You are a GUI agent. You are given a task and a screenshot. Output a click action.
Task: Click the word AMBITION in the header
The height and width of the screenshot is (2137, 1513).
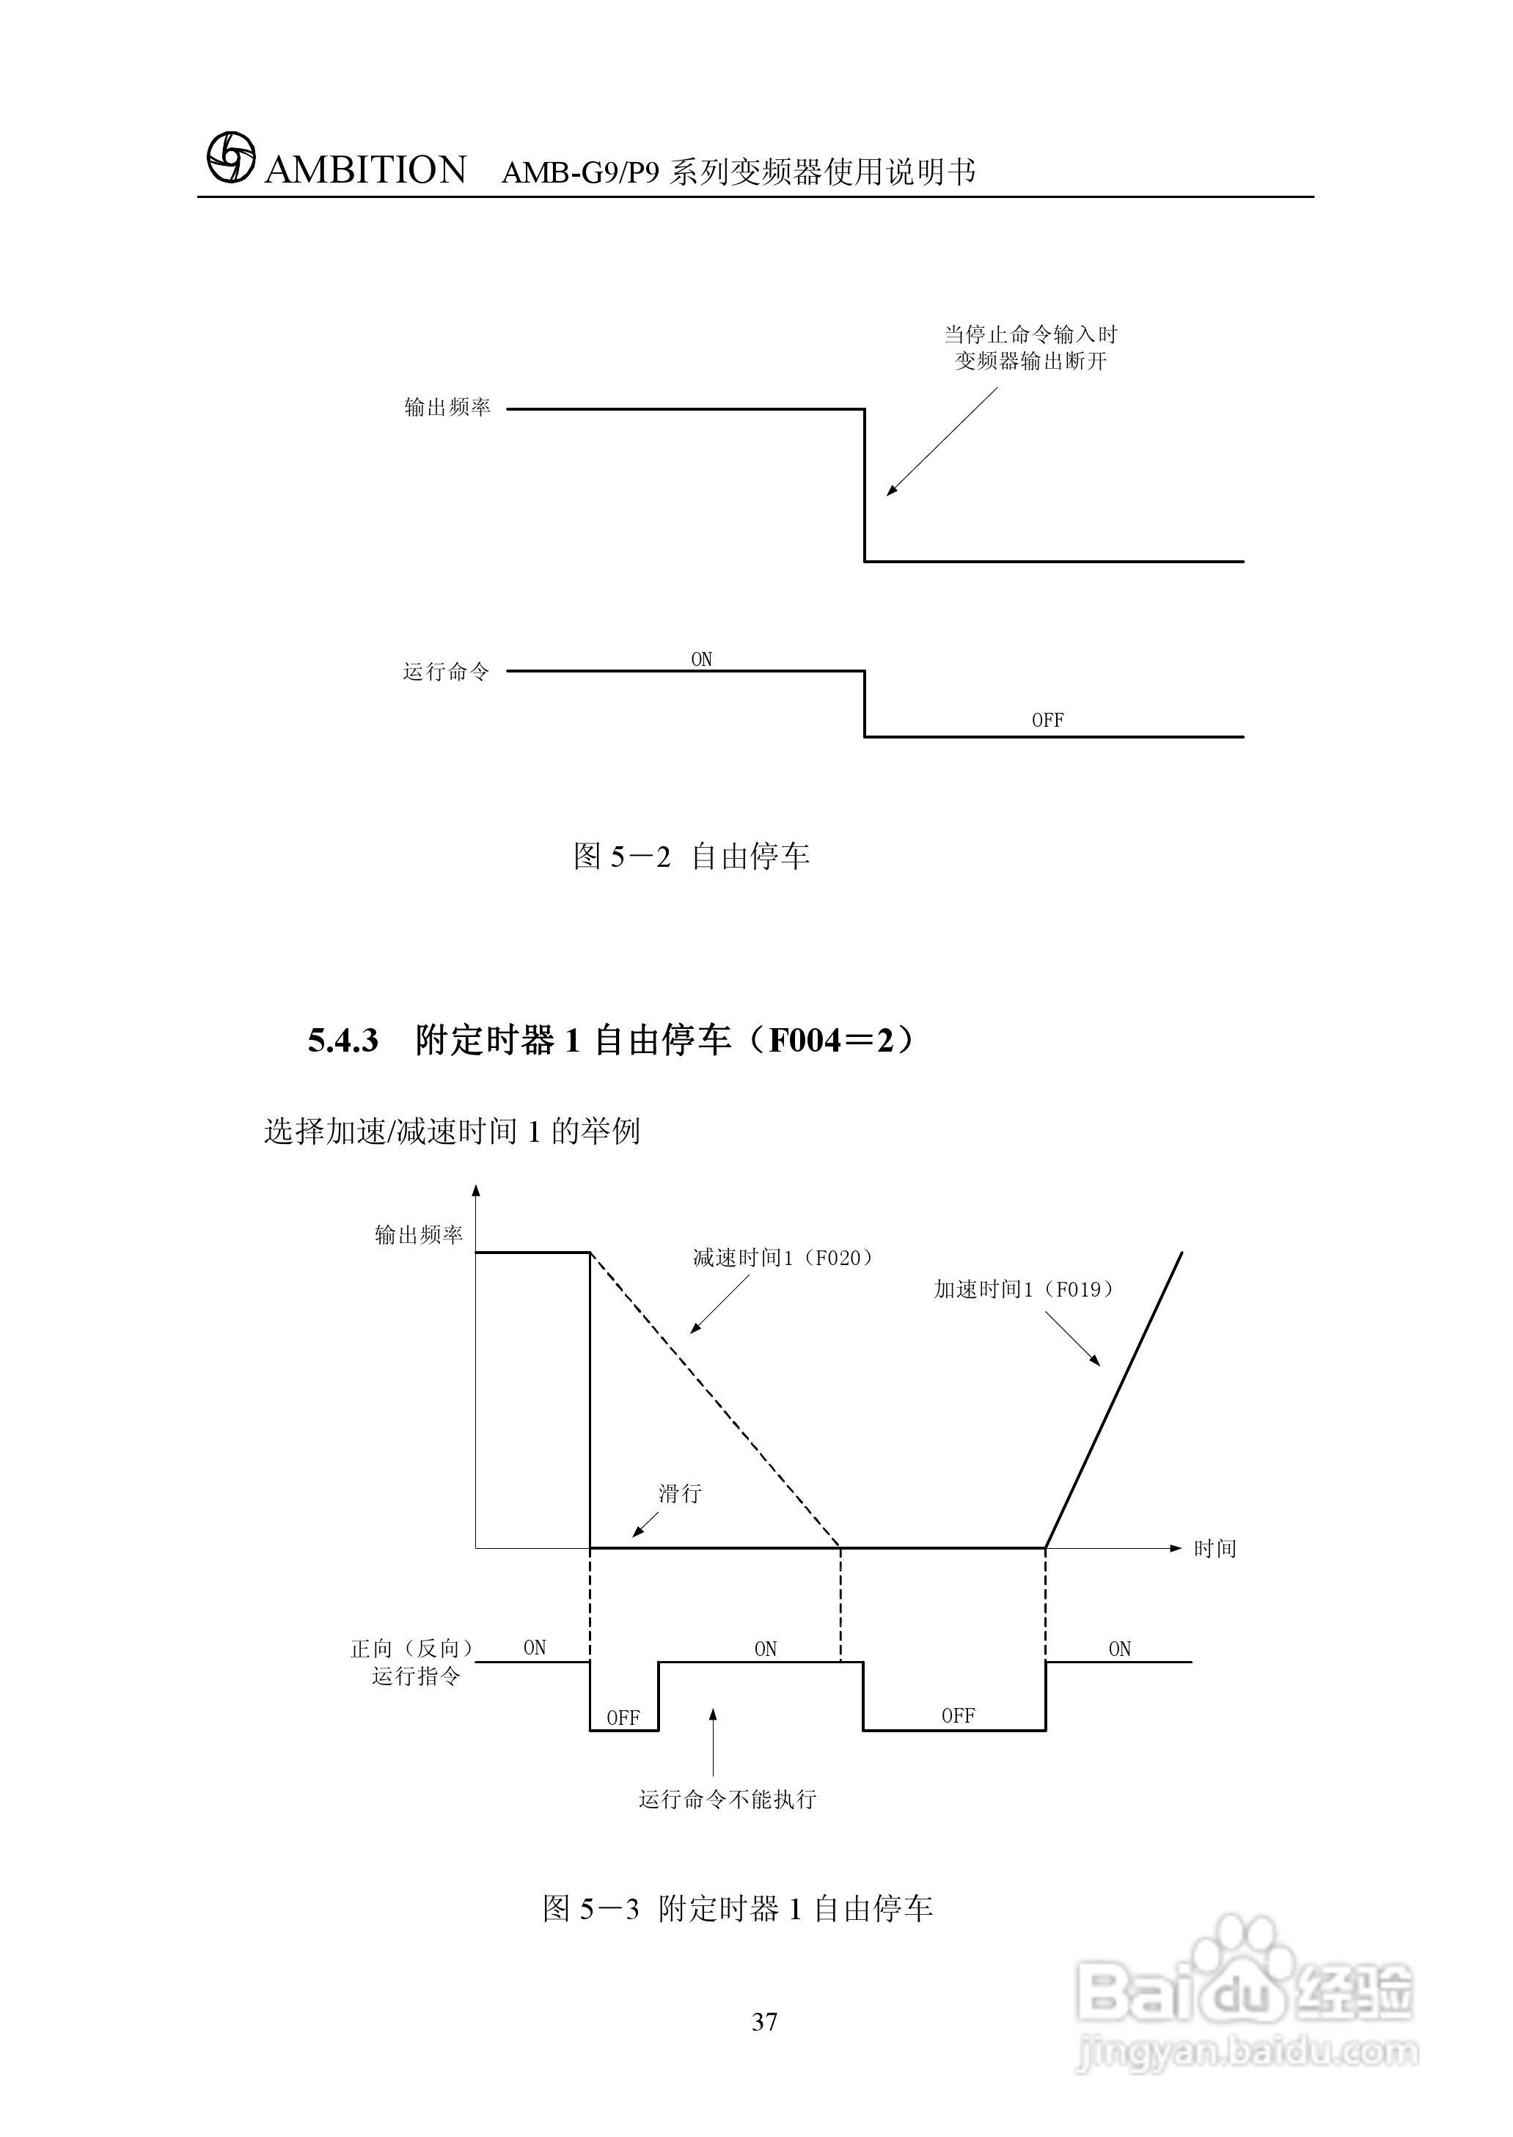coord(365,170)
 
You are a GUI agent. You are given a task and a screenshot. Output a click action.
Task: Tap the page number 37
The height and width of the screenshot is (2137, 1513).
coord(764,2020)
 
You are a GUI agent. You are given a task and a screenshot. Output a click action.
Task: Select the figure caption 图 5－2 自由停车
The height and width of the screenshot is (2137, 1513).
coord(692,856)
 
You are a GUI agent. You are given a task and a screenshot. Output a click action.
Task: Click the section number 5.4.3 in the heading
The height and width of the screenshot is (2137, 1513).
coord(342,1041)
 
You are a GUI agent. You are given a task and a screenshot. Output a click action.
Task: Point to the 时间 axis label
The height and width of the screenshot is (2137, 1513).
coord(1215,1549)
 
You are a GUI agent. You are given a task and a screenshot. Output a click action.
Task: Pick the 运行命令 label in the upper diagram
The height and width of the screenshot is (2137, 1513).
coord(446,672)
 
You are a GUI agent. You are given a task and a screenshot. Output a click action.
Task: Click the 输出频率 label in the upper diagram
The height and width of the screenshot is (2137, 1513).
coord(447,407)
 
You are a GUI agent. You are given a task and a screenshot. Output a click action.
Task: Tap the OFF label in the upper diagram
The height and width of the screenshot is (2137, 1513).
coord(1047,720)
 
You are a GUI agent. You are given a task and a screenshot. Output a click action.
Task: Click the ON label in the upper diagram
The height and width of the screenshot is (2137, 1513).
coord(702,659)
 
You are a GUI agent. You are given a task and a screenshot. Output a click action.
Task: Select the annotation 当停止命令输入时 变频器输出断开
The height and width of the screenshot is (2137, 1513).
coord(1030,348)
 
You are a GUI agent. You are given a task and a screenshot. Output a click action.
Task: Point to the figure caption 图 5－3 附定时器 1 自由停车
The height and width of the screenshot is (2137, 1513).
coord(738,1909)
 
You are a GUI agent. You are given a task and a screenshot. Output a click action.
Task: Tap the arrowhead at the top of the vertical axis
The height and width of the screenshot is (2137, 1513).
coord(476,1190)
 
